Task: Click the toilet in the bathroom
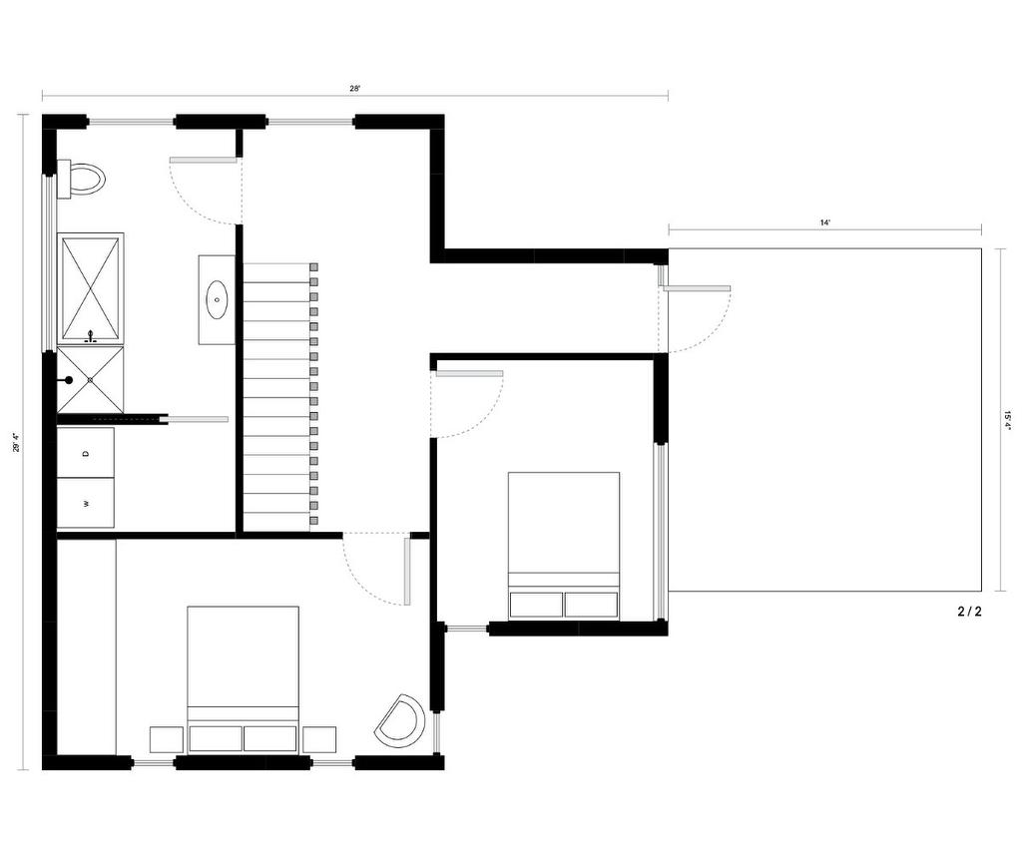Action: (x=83, y=180)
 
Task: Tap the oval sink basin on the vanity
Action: (x=217, y=298)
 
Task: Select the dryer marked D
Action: (x=86, y=453)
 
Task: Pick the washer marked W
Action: (x=86, y=503)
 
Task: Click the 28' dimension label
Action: (x=354, y=89)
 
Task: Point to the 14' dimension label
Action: (x=824, y=223)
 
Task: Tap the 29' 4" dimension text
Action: (x=17, y=442)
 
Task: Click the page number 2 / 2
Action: (x=969, y=613)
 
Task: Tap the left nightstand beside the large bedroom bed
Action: (x=166, y=739)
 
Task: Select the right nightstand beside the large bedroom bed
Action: (x=319, y=739)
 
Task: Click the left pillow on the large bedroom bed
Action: (x=216, y=738)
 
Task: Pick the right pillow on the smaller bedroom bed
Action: (x=591, y=605)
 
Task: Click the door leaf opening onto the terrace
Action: (x=696, y=289)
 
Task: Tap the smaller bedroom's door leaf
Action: (x=468, y=374)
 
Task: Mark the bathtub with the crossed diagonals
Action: (x=90, y=289)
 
